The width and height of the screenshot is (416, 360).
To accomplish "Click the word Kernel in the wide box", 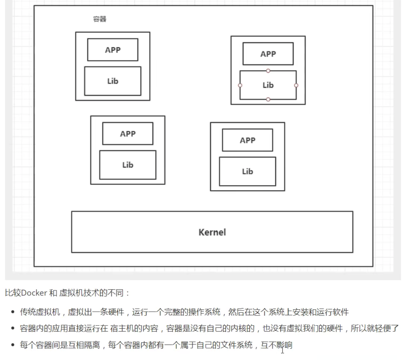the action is pyautogui.click(x=212, y=232).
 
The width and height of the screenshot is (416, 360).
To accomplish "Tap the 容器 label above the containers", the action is pyautogui.click(x=100, y=19).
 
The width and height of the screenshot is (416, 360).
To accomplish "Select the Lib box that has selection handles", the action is pyautogui.click(x=268, y=99).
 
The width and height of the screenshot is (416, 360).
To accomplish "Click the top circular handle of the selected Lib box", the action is pyautogui.click(x=268, y=71).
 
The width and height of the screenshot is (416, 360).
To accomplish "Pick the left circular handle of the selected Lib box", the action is pyautogui.click(x=240, y=85).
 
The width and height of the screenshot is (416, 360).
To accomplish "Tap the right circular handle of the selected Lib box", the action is pyautogui.click(x=296, y=85).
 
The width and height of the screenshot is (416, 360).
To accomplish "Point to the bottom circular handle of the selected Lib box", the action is pyautogui.click(x=268, y=99).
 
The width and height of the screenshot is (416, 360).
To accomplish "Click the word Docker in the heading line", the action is pyautogui.click(x=34, y=293).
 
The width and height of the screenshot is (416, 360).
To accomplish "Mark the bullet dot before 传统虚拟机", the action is pyautogui.click(x=13, y=312).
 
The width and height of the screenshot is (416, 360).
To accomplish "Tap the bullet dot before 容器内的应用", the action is pyautogui.click(x=13, y=328).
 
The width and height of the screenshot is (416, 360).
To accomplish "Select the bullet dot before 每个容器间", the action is pyautogui.click(x=13, y=345).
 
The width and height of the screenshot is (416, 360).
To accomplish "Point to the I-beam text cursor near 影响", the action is pyautogui.click(x=283, y=350).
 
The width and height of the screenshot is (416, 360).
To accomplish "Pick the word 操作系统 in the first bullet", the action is pyautogui.click(x=204, y=312).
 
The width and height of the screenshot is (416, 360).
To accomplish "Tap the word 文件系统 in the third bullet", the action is pyautogui.click(x=236, y=345).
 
